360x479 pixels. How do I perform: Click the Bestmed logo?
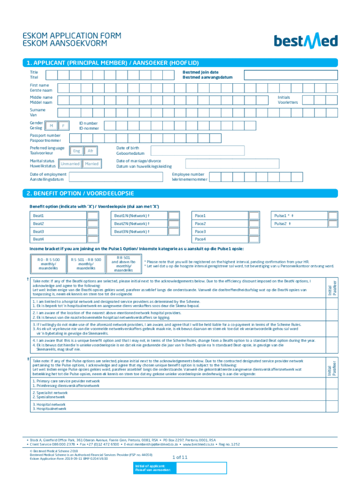(305, 41)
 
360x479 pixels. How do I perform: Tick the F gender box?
(63, 125)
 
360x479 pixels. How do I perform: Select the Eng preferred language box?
(77, 151)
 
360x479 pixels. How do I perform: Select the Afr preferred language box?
(91, 151)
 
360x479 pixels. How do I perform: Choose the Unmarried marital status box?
(70, 164)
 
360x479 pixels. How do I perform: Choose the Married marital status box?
(92, 164)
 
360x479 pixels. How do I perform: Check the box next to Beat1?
(93, 216)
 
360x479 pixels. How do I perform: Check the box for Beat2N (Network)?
(174, 224)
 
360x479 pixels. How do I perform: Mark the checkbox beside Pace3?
(254, 232)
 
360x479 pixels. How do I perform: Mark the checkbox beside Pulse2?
(332, 224)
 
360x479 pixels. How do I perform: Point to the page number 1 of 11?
(180, 457)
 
